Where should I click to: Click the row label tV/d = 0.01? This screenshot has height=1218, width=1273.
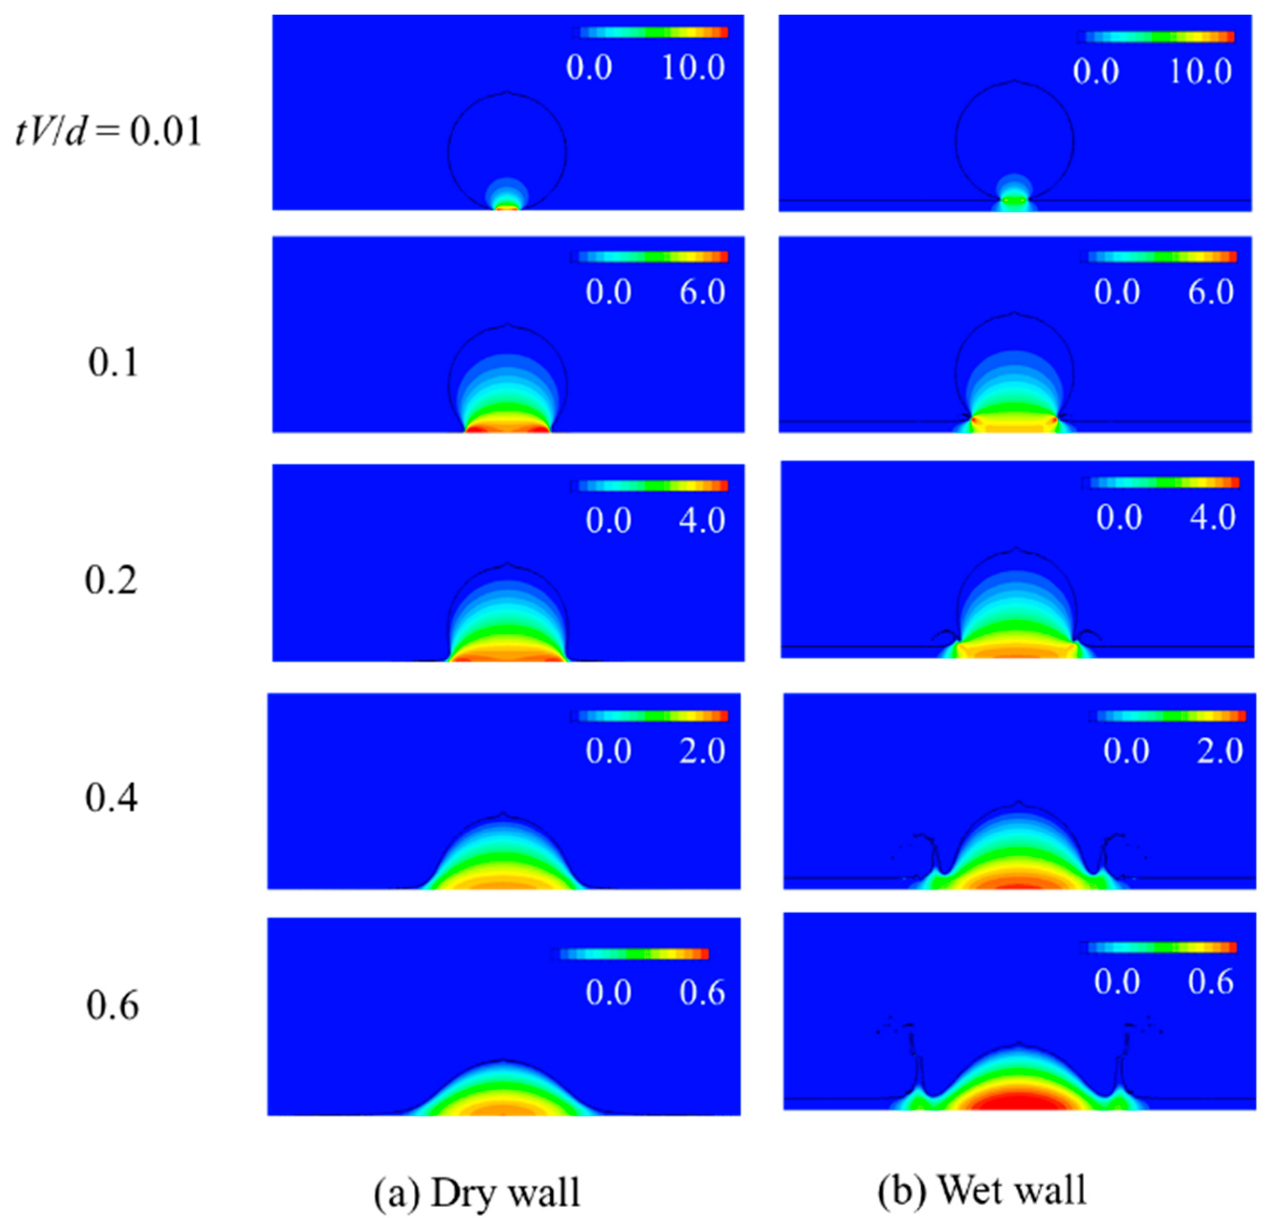click(x=109, y=132)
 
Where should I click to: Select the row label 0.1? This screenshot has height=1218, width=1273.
click(x=113, y=363)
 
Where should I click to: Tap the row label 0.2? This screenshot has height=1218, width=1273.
click(x=111, y=580)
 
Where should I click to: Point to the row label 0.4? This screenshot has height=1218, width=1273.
click(x=111, y=798)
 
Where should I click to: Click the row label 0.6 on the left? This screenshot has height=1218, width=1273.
click(x=112, y=1006)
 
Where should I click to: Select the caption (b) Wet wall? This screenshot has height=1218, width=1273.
click(x=982, y=1190)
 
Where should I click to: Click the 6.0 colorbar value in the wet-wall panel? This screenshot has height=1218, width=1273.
click(x=1210, y=292)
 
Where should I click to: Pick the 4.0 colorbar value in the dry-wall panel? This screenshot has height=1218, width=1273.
click(x=702, y=520)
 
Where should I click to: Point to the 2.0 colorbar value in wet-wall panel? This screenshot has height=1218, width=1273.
click(x=1219, y=751)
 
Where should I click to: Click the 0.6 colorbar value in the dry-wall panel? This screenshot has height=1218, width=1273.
click(x=702, y=992)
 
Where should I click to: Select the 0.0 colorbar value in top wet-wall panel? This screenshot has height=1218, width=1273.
click(x=1096, y=71)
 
